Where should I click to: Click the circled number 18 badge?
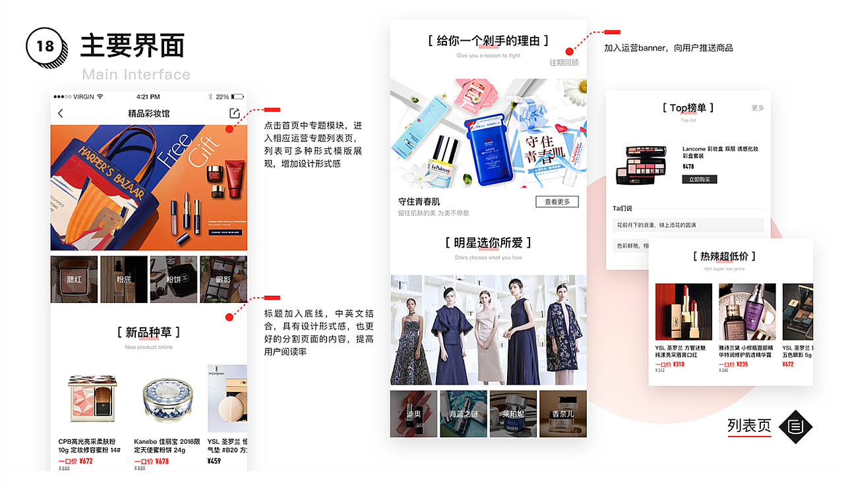pos(45,47)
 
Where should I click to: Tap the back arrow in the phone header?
pos(61,113)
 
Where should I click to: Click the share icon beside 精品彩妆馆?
pos(234,113)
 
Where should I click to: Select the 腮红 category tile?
pos(75,279)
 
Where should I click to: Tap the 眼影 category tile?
pos(223,279)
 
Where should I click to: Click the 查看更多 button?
pos(557,202)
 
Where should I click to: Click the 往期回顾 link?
pos(564,63)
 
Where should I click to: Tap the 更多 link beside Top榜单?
pos(758,108)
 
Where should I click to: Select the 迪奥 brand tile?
pos(413,414)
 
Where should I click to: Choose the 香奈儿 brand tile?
pos(562,414)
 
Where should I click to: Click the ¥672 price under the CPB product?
pos(86,461)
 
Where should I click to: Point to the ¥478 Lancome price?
pos(688,167)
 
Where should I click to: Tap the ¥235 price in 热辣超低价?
pos(742,364)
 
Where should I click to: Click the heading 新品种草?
pos(148,332)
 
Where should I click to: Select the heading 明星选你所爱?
pos(488,242)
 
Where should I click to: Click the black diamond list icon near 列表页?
pos(796,427)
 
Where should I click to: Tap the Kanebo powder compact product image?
pos(167,400)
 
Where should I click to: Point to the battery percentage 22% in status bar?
pos(222,96)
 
